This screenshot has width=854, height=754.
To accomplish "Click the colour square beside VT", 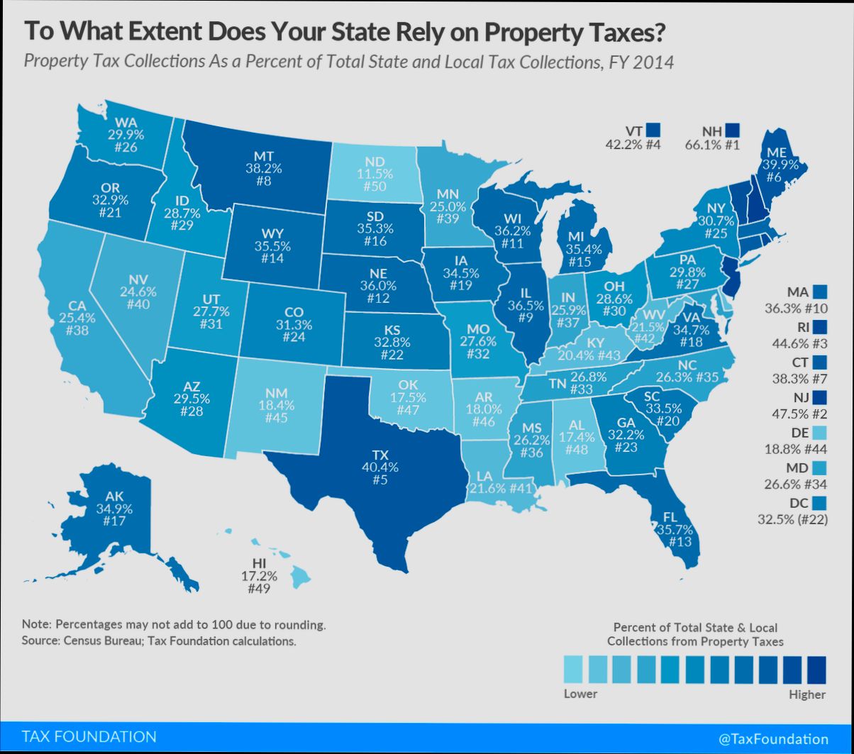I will (653, 131).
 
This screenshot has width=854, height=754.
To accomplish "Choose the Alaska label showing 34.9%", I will (113, 508).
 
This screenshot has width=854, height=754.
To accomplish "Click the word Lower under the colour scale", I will (580, 694).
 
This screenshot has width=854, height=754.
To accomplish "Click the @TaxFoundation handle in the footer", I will (773, 738).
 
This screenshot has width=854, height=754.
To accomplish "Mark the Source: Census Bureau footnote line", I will (158, 642).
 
